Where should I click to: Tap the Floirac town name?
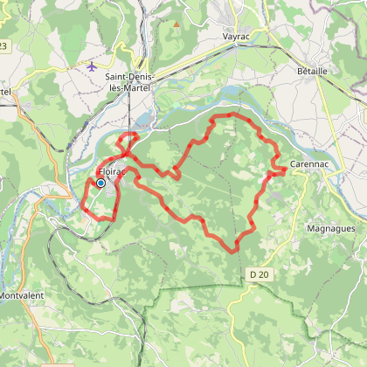pos(113,171)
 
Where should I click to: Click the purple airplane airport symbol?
pos(93,66)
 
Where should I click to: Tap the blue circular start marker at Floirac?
pos(101,183)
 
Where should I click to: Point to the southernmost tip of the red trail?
pos(234,251)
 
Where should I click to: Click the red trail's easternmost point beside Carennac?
pos(285,170)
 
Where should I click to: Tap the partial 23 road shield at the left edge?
pos(4,45)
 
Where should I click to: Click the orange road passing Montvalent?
pos(26,253)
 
